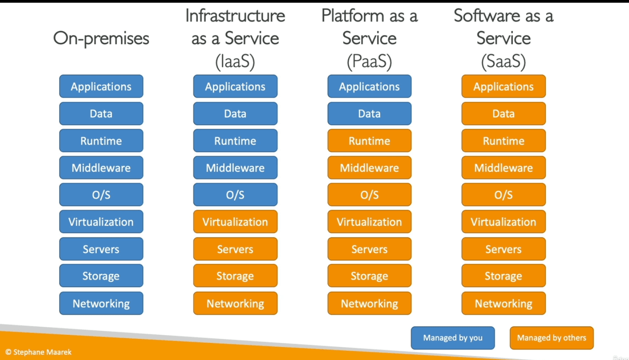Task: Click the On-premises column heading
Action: [x=101, y=38]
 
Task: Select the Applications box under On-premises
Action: [x=101, y=86]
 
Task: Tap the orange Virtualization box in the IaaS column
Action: [x=235, y=222]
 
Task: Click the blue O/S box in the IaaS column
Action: [x=235, y=195]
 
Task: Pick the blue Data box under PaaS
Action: [x=369, y=114]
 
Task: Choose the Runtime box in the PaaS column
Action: [x=369, y=141]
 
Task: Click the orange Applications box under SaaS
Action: [x=503, y=86]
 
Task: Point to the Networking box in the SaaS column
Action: [x=503, y=304]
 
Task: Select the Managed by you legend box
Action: [x=453, y=338]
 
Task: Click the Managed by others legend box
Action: [x=552, y=338]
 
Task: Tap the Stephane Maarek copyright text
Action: [x=38, y=352]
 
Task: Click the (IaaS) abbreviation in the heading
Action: [x=235, y=62]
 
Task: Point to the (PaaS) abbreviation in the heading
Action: [x=369, y=62]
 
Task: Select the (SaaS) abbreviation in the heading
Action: [x=503, y=62]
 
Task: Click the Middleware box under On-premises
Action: [x=101, y=168]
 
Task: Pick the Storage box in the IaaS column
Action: [x=235, y=276]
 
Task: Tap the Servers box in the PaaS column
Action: [x=369, y=249]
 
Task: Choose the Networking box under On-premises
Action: [x=101, y=304]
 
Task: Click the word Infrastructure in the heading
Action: [x=235, y=16]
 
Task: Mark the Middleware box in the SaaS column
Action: [x=503, y=168]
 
